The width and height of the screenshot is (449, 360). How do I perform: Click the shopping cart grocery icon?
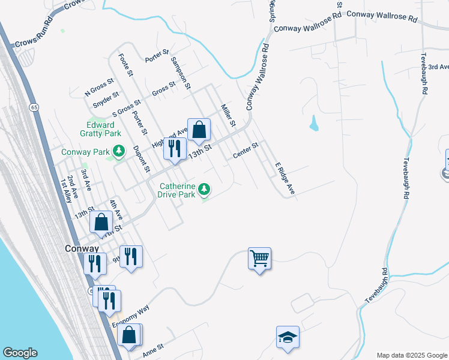pyautogui.click(x=259, y=259)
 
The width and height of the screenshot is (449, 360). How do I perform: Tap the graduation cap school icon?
pyautogui.click(x=288, y=338)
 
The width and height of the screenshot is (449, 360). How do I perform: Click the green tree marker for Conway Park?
pyautogui.click(x=119, y=150)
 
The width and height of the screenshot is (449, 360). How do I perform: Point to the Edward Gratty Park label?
pyautogui.click(x=100, y=129)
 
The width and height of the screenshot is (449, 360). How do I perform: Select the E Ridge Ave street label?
pyautogui.click(x=285, y=178)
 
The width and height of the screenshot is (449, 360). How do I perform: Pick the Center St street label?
pyautogui.click(x=246, y=150)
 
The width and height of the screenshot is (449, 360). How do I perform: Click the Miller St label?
pyautogui.click(x=228, y=115)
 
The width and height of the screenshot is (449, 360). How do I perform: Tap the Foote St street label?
pyautogui.click(x=125, y=65)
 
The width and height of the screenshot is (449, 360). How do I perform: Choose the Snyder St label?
pyautogui.click(x=106, y=98)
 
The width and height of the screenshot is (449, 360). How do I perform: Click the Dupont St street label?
pyautogui.click(x=141, y=159)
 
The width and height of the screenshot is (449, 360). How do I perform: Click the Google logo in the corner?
pyautogui.click(x=20, y=353)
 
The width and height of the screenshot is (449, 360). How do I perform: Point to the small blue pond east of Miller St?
pyautogui.click(x=313, y=124)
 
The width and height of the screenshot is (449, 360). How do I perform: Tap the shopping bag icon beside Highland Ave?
pyautogui.click(x=199, y=129)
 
